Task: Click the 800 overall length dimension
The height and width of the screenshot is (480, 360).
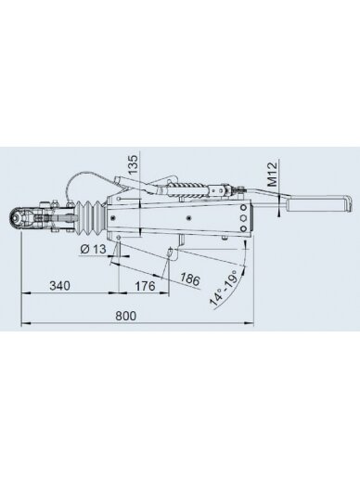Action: (126, 316)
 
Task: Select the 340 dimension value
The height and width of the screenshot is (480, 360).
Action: (59, 286)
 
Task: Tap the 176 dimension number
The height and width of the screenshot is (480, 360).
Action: (145, 286)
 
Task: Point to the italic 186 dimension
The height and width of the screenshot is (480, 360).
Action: (189, 279)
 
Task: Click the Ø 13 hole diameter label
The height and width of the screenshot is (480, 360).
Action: (93, 249)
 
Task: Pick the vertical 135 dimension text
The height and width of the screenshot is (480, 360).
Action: (133, 163)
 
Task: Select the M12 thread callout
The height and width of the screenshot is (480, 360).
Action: (272, 175)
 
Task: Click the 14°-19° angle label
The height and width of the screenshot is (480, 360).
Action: (224, 288)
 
